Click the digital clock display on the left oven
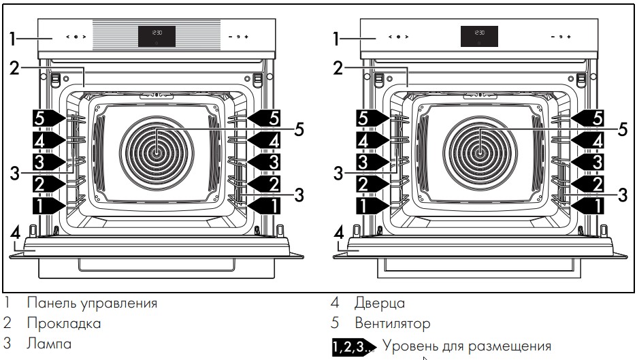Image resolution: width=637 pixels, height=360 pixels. click(157, 37)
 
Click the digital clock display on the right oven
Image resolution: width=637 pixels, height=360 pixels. click(479, 37)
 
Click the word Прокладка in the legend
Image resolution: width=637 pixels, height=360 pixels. click(64, 323)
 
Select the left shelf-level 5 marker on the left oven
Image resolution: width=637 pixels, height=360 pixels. click(47, 118)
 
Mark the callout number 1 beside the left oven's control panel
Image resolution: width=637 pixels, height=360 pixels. click(13, 38)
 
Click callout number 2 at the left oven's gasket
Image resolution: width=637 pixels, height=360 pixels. click(15, 67)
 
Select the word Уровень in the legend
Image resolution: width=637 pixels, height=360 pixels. click(408, 346)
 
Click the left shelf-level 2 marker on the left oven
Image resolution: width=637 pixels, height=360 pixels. click(47, 182)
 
